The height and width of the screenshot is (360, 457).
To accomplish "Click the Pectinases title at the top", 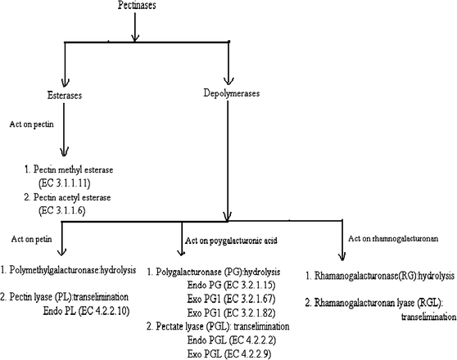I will click(133, 7).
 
